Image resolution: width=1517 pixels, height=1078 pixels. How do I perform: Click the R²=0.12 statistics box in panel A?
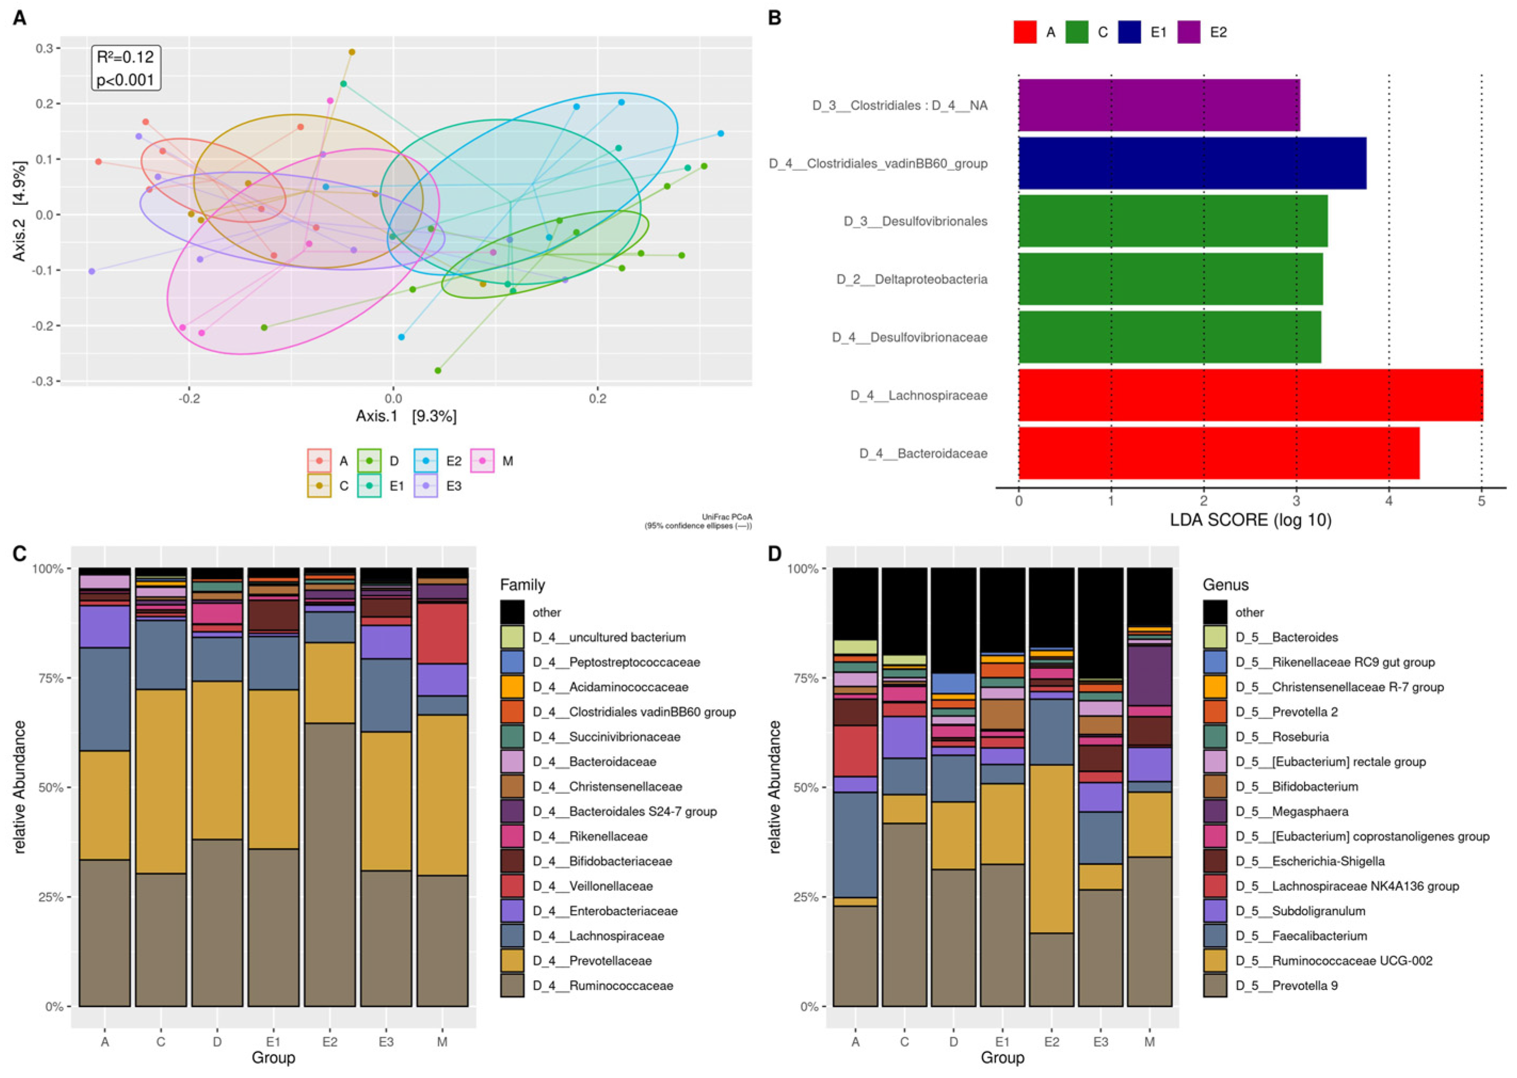(126, 68)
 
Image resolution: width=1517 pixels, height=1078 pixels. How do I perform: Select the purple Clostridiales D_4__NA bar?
(1159, 105)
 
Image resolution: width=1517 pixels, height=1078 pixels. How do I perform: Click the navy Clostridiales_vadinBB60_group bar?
(1192, 163)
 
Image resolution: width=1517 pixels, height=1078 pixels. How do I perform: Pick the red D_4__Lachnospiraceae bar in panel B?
(1250, 395)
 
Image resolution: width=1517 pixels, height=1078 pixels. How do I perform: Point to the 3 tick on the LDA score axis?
(1297, 500)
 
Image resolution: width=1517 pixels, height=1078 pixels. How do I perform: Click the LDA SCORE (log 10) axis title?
(1250, 520)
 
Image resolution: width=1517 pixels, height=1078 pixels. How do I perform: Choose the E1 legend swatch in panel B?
(1129, 32)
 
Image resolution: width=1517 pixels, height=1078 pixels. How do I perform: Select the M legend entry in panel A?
(492, 461)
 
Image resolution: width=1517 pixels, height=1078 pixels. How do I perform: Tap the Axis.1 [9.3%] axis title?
(406, 416)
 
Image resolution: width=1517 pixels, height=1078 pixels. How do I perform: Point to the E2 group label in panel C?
(330, 1042)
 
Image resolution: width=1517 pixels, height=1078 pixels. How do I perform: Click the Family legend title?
(522, 585)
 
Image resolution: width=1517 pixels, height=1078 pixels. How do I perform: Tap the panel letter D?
(774, 553)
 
